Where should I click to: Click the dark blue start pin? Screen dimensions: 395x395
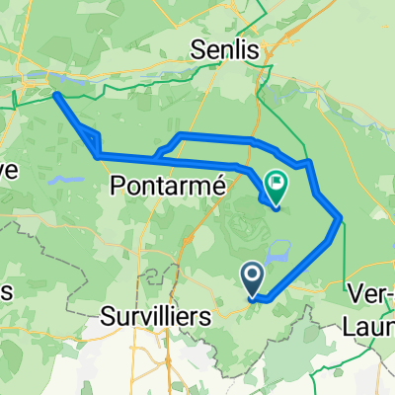pos(253,278)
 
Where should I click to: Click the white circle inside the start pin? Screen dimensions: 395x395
pos(253,276)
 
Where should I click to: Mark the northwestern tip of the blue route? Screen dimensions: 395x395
pos(56,95)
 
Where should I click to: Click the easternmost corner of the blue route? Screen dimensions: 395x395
pos(341,217)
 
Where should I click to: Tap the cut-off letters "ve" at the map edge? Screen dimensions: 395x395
pos(8,169)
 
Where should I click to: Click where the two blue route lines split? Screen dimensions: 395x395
pos(158,154)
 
